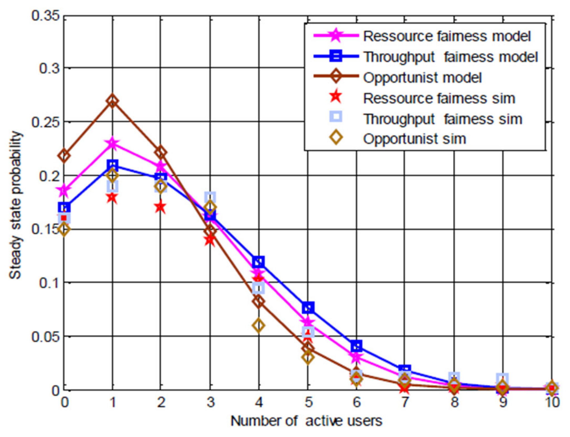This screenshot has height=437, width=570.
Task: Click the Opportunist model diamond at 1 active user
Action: [112, 101]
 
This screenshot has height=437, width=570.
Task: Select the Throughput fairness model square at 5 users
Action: [308, 307]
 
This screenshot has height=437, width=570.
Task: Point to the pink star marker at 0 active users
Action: [64, 191]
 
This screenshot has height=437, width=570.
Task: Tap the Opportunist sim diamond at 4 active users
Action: [259, 325]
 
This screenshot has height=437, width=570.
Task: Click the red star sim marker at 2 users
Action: [160, 207]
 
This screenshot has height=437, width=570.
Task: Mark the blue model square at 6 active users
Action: [357, 346]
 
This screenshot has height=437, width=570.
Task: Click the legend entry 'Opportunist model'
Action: [422, 78]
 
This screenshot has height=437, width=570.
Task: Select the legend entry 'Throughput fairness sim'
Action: [442, 119]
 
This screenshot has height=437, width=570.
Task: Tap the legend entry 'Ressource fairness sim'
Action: [439, 98]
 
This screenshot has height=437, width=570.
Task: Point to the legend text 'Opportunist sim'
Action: [414, 139]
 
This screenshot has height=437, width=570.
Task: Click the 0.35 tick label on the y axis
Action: [45, 16]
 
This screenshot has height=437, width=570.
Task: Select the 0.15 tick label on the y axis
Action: [45, 229]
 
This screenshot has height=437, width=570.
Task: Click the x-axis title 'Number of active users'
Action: [306, 421]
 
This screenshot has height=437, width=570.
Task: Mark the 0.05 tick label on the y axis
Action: [45, 336]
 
